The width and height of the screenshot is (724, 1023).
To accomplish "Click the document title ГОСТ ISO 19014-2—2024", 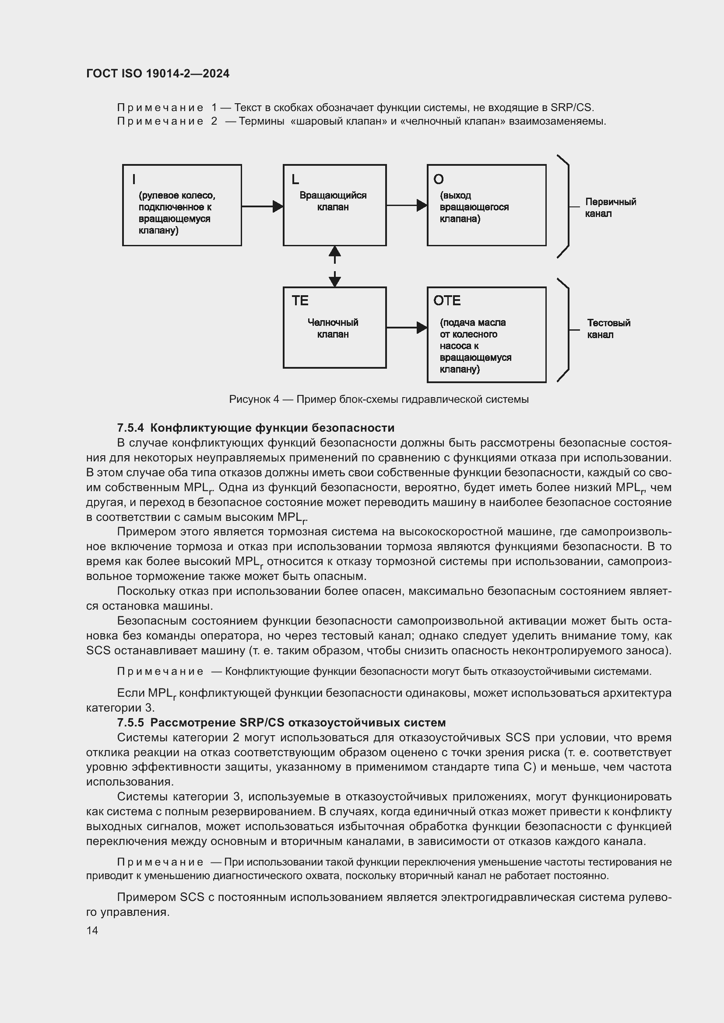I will click(158, 73).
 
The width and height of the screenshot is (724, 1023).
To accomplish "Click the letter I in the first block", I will click(134, 179).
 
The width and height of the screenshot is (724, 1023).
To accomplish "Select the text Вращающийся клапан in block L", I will click(333, 201).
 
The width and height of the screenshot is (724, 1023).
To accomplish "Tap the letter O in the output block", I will click(438, 179).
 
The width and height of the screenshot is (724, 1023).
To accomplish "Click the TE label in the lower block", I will click(300, 301).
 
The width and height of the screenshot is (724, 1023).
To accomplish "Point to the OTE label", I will click(447, 301).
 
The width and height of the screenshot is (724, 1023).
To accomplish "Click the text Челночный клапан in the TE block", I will click(333, 328).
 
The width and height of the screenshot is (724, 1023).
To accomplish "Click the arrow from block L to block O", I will click(406, 206).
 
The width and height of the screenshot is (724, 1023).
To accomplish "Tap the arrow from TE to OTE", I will click(406, 328).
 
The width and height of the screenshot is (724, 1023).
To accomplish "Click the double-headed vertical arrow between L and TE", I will click(334, 266).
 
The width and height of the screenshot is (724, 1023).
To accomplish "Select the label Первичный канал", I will click(610, 208).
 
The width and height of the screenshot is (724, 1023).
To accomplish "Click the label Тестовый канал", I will click(608, 329).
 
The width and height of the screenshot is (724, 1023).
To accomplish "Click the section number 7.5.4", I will click(130, 428).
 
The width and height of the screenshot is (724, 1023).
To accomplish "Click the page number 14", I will click(92, 930).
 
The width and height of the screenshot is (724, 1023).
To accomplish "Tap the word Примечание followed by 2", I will click(161, 121).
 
